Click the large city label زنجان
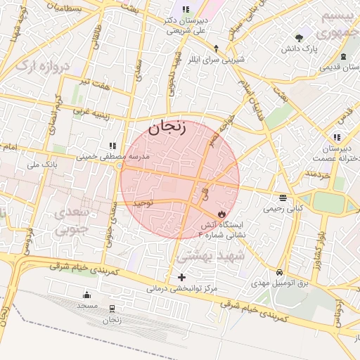click(167, 127)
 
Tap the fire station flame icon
click(222, 213)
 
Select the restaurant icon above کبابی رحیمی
click(283, 198)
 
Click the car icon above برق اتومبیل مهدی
click(280, 271)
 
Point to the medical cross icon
click(182, 278)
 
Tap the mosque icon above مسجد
click(86, 295)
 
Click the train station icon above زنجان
click(112, 309)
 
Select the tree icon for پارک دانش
click(300, 38)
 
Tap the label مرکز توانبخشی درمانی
click(183, 288)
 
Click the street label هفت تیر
click(96, 83)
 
